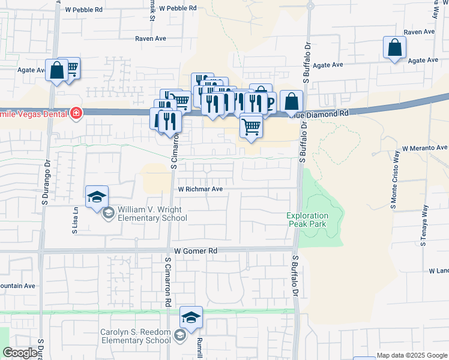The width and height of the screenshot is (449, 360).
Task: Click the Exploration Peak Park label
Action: coord(307,219)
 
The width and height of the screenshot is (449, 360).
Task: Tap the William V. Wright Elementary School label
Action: coord(152,214)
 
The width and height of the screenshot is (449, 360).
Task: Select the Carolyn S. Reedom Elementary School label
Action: coord(136,336)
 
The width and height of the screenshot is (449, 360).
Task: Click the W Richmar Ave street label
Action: coord(200,188)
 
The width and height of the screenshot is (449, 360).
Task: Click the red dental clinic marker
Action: coord(76,113)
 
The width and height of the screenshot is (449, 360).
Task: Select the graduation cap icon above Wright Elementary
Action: coord(97,197)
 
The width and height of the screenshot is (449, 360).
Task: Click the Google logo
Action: coord(20,353)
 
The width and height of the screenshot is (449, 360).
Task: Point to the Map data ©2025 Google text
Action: coord(412,355)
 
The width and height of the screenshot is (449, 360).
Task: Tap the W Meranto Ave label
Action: coord(425,148)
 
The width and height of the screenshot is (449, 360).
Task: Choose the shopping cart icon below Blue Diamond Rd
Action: coord(251,127)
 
